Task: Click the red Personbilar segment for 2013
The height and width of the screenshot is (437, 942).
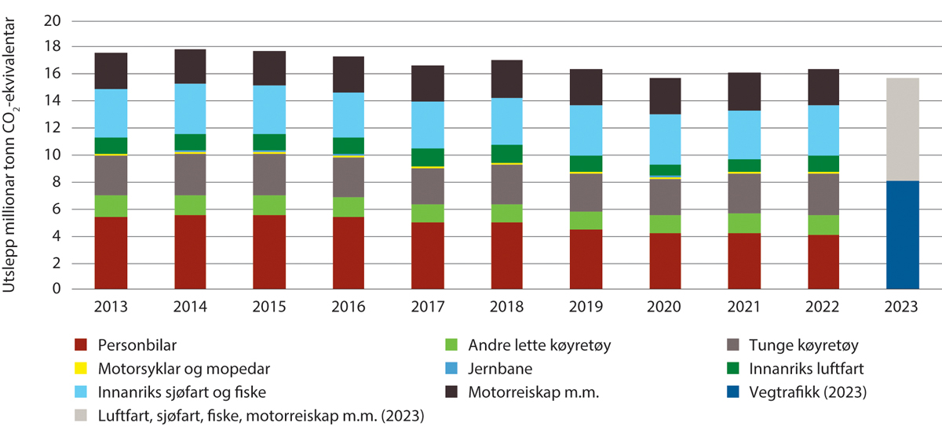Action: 111,253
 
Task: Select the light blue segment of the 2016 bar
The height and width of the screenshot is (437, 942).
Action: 349,115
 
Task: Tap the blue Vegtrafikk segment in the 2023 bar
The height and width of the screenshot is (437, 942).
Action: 902,235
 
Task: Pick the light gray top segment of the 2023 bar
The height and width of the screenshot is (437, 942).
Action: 902,129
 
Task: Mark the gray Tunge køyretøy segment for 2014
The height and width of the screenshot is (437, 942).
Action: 190,174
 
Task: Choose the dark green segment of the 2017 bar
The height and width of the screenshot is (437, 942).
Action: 428,157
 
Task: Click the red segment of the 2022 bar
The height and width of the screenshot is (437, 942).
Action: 823,262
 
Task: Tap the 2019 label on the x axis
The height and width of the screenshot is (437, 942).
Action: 586,307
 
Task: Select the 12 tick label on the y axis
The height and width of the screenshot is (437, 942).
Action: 52,128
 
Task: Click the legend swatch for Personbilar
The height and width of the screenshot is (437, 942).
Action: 80,344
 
